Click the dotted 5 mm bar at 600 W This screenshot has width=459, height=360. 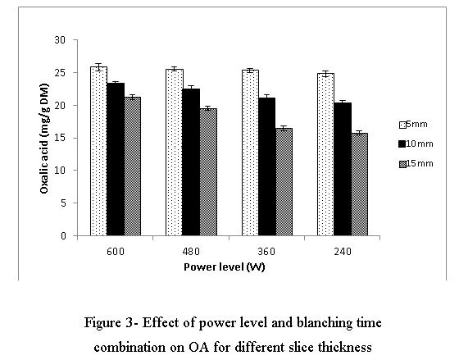[98, 151]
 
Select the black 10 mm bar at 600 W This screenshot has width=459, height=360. [116, 159]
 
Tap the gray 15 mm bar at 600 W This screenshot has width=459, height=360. [133, 166]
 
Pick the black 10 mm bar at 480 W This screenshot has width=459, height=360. [192, 162]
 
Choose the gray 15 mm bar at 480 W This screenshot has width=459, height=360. [208, 172]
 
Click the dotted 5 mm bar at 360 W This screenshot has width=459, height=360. [250, 153]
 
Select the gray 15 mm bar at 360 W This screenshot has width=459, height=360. [284, 182]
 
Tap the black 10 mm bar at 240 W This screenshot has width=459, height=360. [343, 169]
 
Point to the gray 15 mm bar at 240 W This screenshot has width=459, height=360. [360, 185]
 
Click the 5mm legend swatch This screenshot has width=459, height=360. [402, 125]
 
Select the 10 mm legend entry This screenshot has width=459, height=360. [416, 144]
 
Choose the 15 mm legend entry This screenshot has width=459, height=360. [416, 163]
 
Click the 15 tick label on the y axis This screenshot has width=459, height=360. [60, 138]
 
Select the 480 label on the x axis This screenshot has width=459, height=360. [191, 252]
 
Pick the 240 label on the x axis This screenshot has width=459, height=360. [343, 252]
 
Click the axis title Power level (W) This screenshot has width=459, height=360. [225, 267]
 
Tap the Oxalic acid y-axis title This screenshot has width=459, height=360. [44, 139]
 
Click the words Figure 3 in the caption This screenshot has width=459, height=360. [107, 323]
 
